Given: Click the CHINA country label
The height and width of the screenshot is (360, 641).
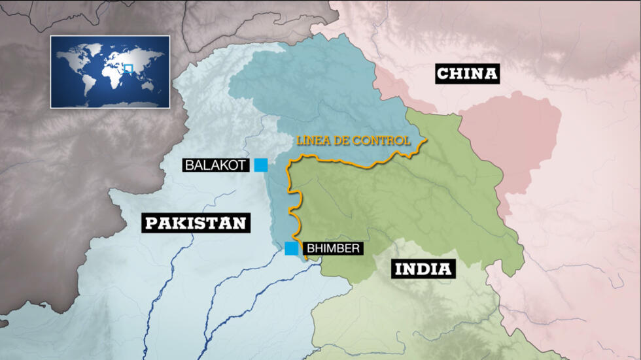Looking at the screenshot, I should [467, 74].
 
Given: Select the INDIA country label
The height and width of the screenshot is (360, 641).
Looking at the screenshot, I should [423, 268].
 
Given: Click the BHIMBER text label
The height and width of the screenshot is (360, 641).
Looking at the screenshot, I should [332, 248].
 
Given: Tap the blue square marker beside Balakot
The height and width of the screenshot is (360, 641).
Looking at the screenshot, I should [261, 165].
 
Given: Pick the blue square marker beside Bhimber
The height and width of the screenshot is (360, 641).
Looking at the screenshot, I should [291, 248].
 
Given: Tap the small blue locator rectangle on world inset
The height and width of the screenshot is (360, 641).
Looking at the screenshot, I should [128, 68].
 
